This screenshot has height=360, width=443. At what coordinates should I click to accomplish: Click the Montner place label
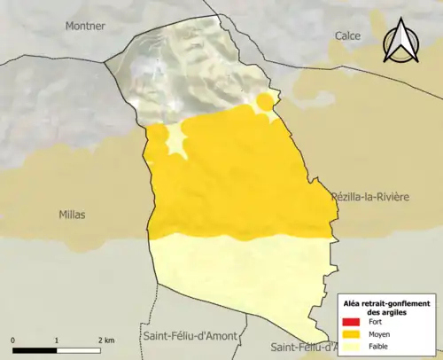[84, 26]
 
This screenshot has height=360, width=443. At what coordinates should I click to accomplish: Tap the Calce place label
[347, 35]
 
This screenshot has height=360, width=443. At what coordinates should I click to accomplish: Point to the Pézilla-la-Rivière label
[369, 196]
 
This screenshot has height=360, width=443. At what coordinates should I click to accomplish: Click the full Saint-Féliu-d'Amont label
[189, 335]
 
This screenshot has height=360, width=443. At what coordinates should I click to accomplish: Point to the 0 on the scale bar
[13, 340]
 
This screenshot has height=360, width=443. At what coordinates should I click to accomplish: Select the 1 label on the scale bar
[57, 340]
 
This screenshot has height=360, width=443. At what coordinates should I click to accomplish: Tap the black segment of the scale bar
[35, 348]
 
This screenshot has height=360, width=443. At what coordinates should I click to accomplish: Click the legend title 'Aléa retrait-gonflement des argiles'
[388, 307]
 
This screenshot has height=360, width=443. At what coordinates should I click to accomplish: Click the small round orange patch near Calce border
[264, 98]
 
